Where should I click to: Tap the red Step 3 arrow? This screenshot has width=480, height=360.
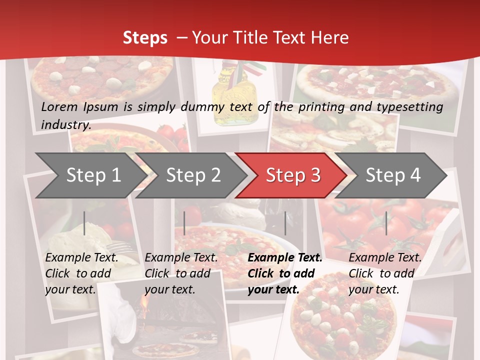[x=293, y=175]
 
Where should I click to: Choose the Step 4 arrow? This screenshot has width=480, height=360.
[x=393, y=175]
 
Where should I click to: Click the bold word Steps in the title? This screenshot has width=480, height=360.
[x=145, y=37]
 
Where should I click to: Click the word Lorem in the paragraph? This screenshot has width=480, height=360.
[x=59, y=106]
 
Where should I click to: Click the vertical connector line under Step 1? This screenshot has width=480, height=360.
[x=84, y=223]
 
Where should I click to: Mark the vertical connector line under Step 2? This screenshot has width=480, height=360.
[x=184, y=223]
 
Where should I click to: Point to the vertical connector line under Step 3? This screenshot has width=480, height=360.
[x=285, y=223]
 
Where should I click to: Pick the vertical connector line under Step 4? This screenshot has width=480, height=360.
[x=386, y=223]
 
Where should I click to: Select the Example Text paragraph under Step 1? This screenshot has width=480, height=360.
[x=81, y=273]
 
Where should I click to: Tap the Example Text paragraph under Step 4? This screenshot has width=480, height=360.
[x=385, y=273]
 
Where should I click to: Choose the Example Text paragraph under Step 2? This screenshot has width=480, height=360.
[x=181, y=273]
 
